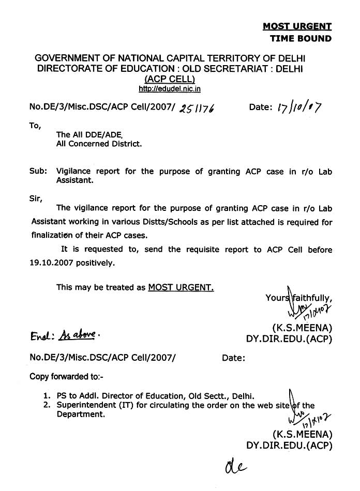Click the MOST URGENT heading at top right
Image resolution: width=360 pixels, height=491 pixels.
[x=297, y=26]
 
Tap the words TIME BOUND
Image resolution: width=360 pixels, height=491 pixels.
[x=301, y=38]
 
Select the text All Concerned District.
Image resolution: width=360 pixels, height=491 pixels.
[x=99, y=144]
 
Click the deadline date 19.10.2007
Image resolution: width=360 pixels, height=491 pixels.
[x=54, y=262]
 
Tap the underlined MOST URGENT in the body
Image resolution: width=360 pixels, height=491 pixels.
[x=181, y=287]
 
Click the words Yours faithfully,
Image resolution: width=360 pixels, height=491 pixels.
[x=298, y=298]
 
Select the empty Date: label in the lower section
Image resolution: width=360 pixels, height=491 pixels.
[x=233, y=357]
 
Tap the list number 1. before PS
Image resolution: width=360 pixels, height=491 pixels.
[x=47, y=395]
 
